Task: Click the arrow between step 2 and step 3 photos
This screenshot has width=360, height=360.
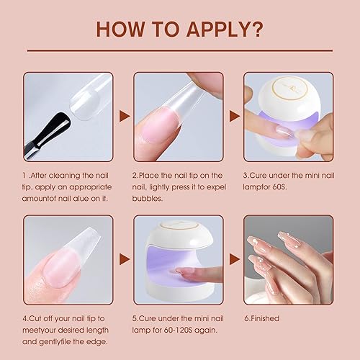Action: click(x=234, y=114)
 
